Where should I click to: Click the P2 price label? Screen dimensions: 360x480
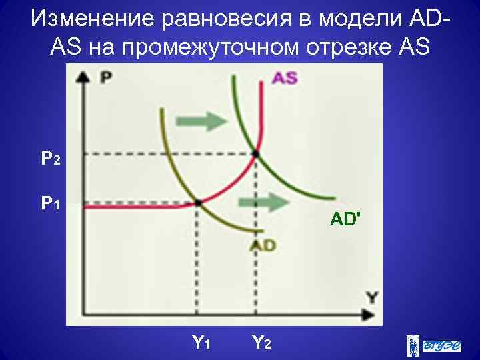pyautogui.click(x=51, y=159)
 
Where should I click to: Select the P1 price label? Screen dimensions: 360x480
pyautogui.click(x=51, y=202)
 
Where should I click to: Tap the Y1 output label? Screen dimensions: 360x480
pyautogui.click(x=201, y=343)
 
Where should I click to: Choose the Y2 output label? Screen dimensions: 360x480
pyautogui.click(x=261, y=343)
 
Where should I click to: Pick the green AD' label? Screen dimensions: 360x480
pyautogui.click(x=345, y=218)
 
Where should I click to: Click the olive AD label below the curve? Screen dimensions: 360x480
pyautogui.click(x=263, y=246)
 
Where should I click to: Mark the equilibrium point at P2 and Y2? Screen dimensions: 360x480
pyautogui.click(x=255, y=154)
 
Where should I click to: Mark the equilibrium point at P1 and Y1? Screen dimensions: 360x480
pyautogui.click(x=198, y=202)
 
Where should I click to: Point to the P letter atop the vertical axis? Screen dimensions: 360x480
pyautogui.click(x=105, y=79)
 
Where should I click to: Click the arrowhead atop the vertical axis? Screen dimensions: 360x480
pyautogui.click(x=83, y=76)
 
